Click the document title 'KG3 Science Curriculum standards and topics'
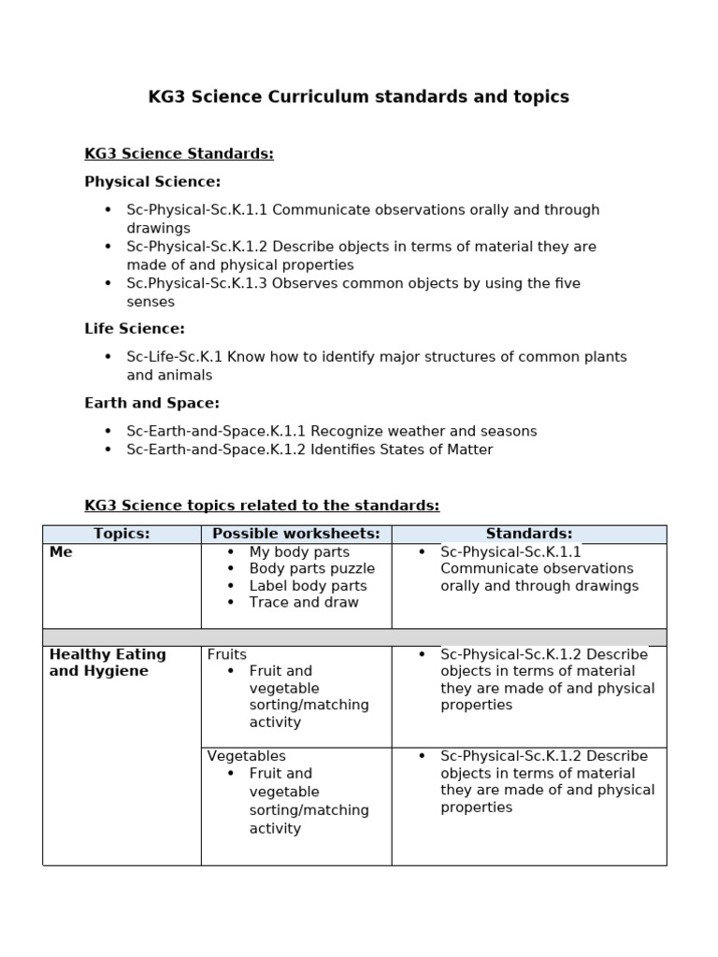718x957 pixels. pos(358,97)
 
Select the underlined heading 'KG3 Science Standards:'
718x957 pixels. pos(179,153)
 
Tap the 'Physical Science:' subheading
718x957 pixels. pos(152,181)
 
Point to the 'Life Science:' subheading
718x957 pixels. pos(135,328)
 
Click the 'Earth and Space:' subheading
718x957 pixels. pos(151,403)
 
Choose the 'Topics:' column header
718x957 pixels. pos(122,534)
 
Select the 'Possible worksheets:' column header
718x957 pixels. pos(295,534)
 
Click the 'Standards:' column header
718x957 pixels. pos(528,534)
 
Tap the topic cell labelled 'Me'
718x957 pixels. pos(61,552)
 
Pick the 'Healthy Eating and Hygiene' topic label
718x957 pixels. pos(107,663)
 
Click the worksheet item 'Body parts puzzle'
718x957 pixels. pos(311,568)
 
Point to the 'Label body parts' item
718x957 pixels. pos(308,586)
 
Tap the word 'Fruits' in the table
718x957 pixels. pos(227,654)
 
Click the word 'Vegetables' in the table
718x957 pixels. pos(246,756)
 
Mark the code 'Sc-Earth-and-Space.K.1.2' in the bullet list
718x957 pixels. pos(216,450)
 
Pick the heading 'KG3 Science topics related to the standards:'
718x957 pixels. pos(262,506)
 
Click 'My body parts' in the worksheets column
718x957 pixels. pos(299,552)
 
